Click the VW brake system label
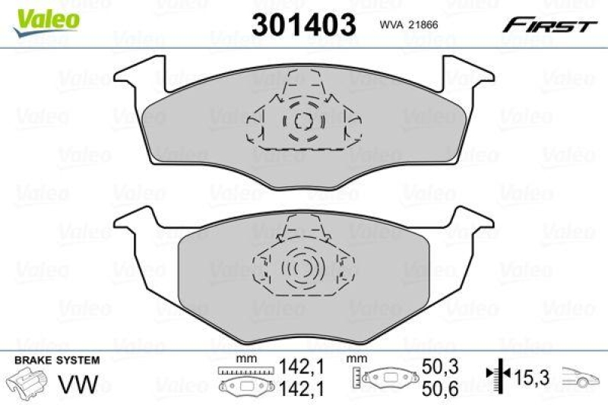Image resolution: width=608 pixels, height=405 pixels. pos(83,385)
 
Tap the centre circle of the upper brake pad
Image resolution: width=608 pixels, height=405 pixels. pos(302,122)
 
